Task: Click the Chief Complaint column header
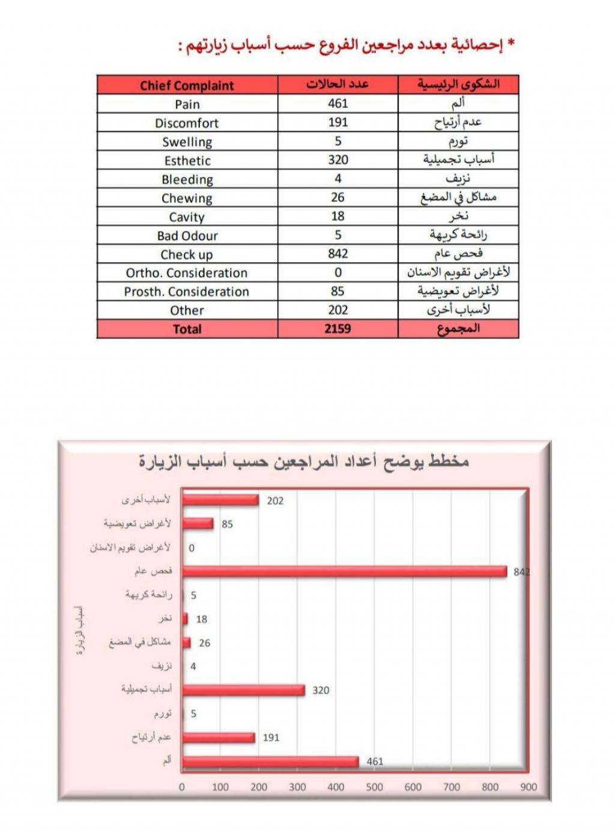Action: pos(187,85)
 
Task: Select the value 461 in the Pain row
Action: pos(338,103)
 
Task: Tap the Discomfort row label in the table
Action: pos(187,123)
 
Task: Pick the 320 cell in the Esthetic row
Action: pos(338,160)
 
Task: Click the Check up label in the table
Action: pos(187,254)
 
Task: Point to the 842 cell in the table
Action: pos(338,254)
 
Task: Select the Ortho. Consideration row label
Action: pos(187,273)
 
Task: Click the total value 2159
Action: pos(338,329)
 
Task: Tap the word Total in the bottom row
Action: pos(187,329)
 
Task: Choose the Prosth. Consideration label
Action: pos(187,292)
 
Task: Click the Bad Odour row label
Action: pos(187,236)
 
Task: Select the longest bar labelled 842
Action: pos(345,571)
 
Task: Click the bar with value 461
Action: pos(270,762)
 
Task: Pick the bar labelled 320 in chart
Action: pos(243,690)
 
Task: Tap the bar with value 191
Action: pos(219,738)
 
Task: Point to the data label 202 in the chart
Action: pos(275,501)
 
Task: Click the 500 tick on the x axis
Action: pos(374,787)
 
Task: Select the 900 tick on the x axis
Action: pos(529,787)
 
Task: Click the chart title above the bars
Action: pos(304,462)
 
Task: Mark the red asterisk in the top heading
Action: pos(512,44)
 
